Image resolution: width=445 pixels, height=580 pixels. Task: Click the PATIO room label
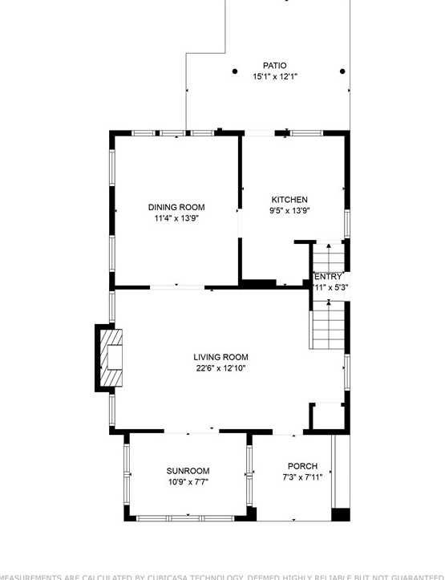pos(274,66)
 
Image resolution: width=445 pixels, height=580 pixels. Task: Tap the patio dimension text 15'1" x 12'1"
pos(275,77)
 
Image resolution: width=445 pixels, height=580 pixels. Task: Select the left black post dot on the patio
pos(235,71)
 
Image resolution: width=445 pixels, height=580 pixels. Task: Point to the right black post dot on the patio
pos(342,71)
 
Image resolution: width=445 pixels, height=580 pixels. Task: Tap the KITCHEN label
pos(289,200)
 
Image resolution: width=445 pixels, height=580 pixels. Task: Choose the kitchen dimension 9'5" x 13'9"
pos(289,211)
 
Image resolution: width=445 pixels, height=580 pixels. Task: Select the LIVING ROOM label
pos(220,357)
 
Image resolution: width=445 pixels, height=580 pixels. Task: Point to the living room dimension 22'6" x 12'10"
pos(220,368)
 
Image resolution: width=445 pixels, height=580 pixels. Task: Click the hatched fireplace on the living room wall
pos(112,358)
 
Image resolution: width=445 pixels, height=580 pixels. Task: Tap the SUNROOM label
pos(188,471)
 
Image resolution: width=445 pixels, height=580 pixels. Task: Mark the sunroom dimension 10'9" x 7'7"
pos(188,482)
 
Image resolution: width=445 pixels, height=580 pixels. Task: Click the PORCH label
pos(302,466)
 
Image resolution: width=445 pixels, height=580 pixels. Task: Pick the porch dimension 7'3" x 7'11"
pos(302,477)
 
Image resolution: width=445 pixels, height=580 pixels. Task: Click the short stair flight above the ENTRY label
pos(327,258)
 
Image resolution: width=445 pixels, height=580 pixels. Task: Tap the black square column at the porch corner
pos(341,514)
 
